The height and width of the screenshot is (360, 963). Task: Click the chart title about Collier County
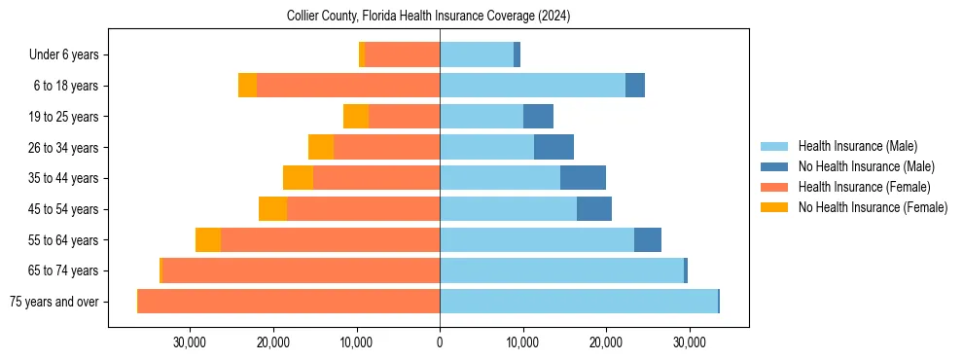click(x=428, y=17)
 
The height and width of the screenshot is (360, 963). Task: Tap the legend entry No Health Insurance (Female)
click(x=873, y=207)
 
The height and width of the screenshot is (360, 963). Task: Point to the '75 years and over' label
click(x=53, y=302)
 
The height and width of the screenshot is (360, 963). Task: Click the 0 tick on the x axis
click(x=440, y=342)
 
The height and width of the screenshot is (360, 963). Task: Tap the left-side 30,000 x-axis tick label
click(x=190, y=342)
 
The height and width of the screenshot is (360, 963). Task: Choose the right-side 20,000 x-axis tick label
click(x=606, y=342)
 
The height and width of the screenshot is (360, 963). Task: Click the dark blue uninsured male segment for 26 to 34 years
click(x=553, y=147)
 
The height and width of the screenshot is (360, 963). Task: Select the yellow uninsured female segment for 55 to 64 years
click(x=208, y=239)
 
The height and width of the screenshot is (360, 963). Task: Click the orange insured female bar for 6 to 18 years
click(x=348, y=86)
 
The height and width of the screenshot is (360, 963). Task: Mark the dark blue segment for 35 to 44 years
click(x=583, y=178)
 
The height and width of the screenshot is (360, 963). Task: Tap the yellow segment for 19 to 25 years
click(x=356, y=117)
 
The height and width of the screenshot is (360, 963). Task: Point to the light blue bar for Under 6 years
click(x=477, y=55)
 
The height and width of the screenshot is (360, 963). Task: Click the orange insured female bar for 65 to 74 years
click(x=301, y=270)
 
